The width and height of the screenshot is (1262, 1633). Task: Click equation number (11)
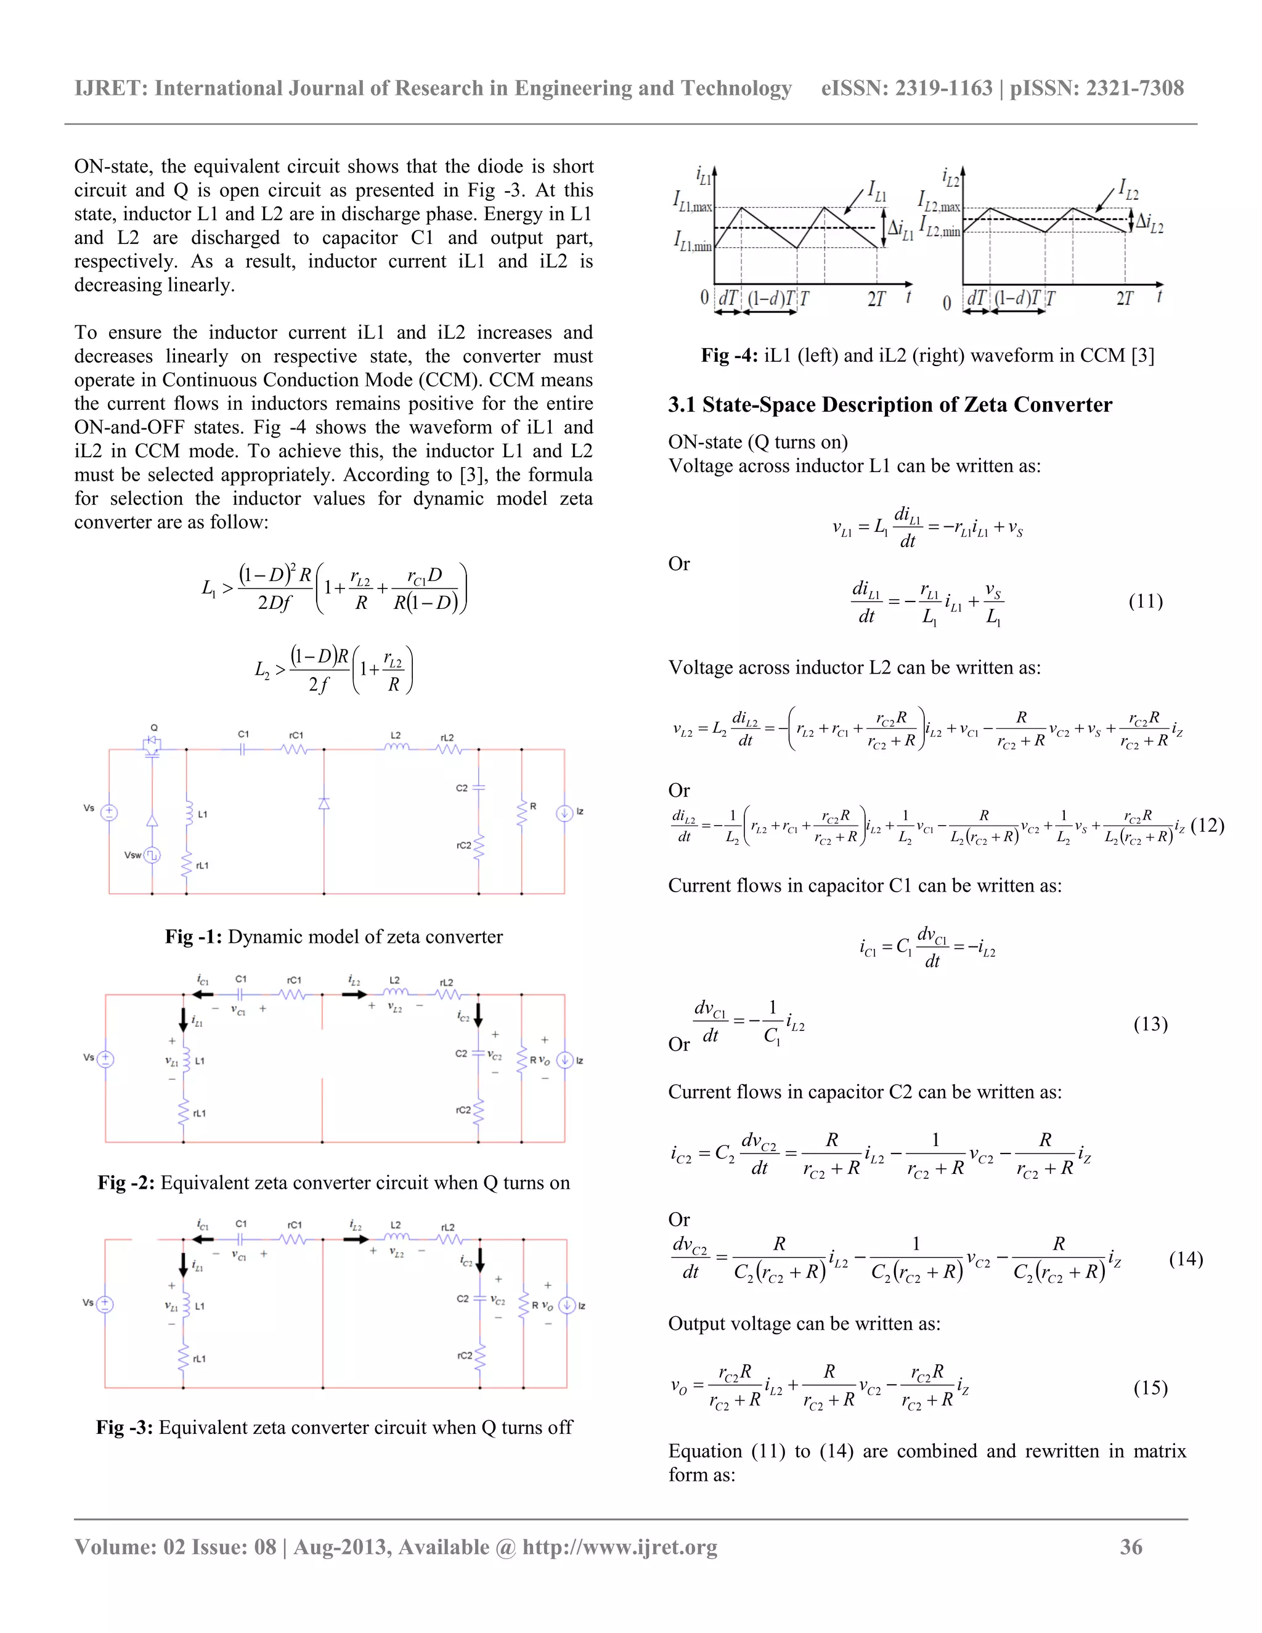click(1146, 601)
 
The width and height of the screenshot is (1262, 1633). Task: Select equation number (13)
click(1150, 1024)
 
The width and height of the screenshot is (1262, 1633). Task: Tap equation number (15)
click(1150, 1388)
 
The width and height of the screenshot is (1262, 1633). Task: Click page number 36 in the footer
click(1130, 1547)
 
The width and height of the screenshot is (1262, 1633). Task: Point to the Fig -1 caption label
click(193, 937)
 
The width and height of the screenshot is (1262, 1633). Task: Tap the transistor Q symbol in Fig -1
click(153, 746)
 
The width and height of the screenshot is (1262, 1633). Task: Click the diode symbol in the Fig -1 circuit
click(324, 804)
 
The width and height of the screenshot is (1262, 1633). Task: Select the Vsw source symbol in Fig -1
click(152, 855)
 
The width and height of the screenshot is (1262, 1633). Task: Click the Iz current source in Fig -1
click(564, 813)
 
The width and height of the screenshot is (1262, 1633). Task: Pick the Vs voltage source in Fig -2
click(105, 1059)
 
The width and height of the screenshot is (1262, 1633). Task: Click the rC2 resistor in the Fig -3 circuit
click(479, 1355)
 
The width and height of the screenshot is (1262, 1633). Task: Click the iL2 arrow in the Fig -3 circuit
click(354, 1240)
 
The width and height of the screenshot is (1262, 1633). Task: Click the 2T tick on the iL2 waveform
click(1125, 298)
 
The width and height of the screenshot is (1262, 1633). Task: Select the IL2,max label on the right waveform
click(938, 200)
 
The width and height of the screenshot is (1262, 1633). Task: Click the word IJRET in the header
click(110, 88)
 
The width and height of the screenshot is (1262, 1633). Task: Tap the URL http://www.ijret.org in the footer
click(620, 1547)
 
